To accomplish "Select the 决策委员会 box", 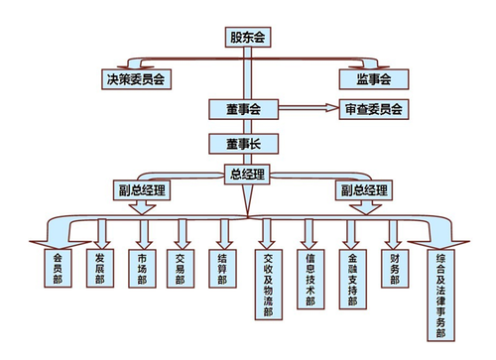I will (135, 77).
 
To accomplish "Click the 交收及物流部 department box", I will (268, 283).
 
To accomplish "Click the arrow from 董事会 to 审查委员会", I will (307, 108).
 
